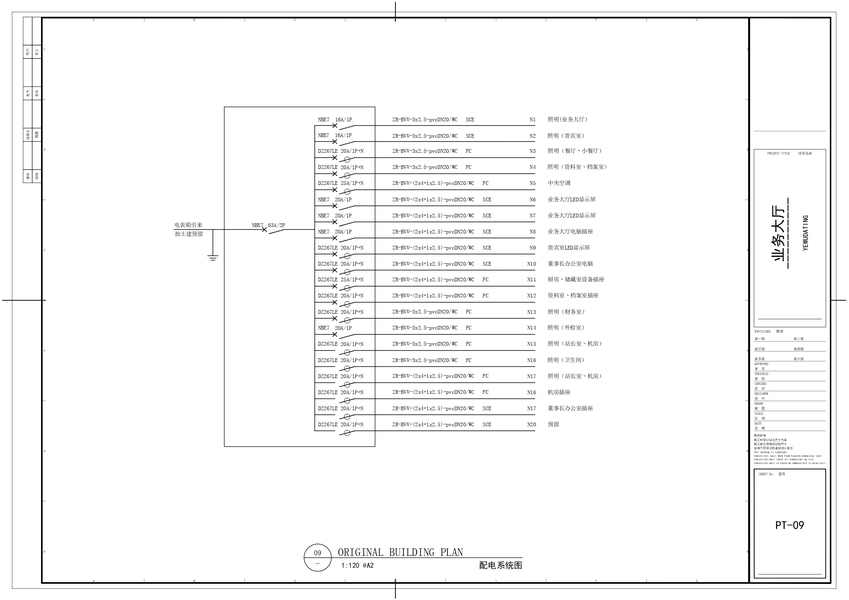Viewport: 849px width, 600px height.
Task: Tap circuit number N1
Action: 532,119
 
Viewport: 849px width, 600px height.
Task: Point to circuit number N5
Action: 532,184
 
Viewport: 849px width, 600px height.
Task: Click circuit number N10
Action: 532,264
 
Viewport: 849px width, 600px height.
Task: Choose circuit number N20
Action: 532,424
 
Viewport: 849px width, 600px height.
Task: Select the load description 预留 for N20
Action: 553,424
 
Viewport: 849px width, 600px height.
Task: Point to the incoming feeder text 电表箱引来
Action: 189,225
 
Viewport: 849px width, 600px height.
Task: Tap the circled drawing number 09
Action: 318,553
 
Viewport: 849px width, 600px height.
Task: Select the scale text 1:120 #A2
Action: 357,566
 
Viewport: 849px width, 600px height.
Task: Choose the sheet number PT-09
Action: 789,524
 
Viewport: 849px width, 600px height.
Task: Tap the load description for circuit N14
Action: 563,328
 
